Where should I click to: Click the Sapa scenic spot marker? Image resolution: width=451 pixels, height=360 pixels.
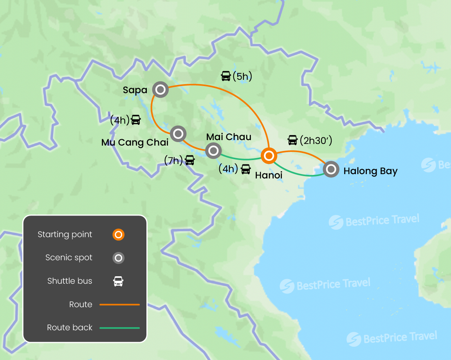(160, 90)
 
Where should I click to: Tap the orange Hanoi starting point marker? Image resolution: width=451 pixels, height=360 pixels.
(269, 156)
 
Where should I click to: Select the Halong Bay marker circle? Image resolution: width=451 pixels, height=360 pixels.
(331, 169)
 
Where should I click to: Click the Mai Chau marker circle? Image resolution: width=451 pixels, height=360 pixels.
(213, 150)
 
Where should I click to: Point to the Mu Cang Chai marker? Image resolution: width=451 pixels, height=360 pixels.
(178, 134)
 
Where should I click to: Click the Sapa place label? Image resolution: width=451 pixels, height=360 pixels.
(135, 90)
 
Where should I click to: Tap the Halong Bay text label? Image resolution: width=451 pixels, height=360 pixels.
(370, 171)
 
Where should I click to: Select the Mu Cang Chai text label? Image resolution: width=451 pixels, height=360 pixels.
(135, 142)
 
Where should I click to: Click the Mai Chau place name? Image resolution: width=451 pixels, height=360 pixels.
(229, 137)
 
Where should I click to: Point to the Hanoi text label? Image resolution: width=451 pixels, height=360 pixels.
(269, 175)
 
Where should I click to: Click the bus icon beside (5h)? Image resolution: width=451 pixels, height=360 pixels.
(226, 76)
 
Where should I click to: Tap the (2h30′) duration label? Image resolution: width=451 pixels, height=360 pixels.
(316, 140)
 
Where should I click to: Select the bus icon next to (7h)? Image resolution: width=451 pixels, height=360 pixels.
(190, 160)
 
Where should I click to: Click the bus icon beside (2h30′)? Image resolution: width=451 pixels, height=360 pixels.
(292, 140)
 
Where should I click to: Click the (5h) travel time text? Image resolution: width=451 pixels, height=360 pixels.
(242, 76)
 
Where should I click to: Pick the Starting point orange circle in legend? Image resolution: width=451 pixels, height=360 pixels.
(118, 235)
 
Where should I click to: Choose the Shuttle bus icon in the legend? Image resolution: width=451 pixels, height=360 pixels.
(118, 281)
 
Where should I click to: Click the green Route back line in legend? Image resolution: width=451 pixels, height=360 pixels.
(119, 328)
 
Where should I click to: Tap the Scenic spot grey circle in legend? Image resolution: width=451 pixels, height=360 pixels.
(118, 258)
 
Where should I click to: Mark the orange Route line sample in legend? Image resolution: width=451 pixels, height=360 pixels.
(119, 304)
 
